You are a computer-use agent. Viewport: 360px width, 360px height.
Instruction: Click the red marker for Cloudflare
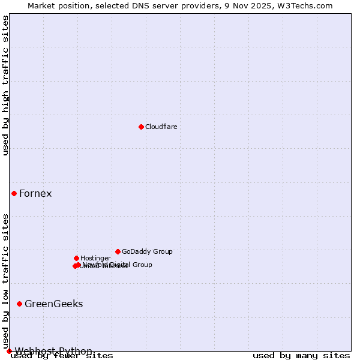pos(141,127)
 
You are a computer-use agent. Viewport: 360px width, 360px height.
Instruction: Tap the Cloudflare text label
pos(161,127)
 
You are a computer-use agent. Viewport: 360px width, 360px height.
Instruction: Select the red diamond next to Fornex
pos(14,193)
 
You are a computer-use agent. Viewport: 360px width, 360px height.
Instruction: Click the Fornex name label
pos(35,193)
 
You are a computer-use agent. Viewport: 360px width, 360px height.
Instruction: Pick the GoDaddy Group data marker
pos(118,251)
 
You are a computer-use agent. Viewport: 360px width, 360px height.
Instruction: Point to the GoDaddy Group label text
pos(147,252)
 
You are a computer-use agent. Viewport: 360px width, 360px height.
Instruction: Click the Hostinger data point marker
pos(76,258)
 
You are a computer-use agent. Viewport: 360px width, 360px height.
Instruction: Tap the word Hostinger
pos(95,259)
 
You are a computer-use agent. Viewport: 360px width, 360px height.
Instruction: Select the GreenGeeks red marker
pos(19,304)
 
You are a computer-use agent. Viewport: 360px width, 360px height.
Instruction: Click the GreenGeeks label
pos(53,304)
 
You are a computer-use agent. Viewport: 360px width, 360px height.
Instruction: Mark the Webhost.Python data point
pos(9,351)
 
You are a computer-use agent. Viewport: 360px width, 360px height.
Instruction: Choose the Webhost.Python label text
pos(53,351)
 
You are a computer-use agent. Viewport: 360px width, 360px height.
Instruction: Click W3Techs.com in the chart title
pos(308,5)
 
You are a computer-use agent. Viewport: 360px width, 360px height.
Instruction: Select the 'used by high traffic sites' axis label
pos(6,85)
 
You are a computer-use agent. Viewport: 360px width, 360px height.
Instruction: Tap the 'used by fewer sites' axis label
pos(62,356)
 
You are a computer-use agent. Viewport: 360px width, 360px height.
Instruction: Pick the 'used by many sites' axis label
pos(301,356)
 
